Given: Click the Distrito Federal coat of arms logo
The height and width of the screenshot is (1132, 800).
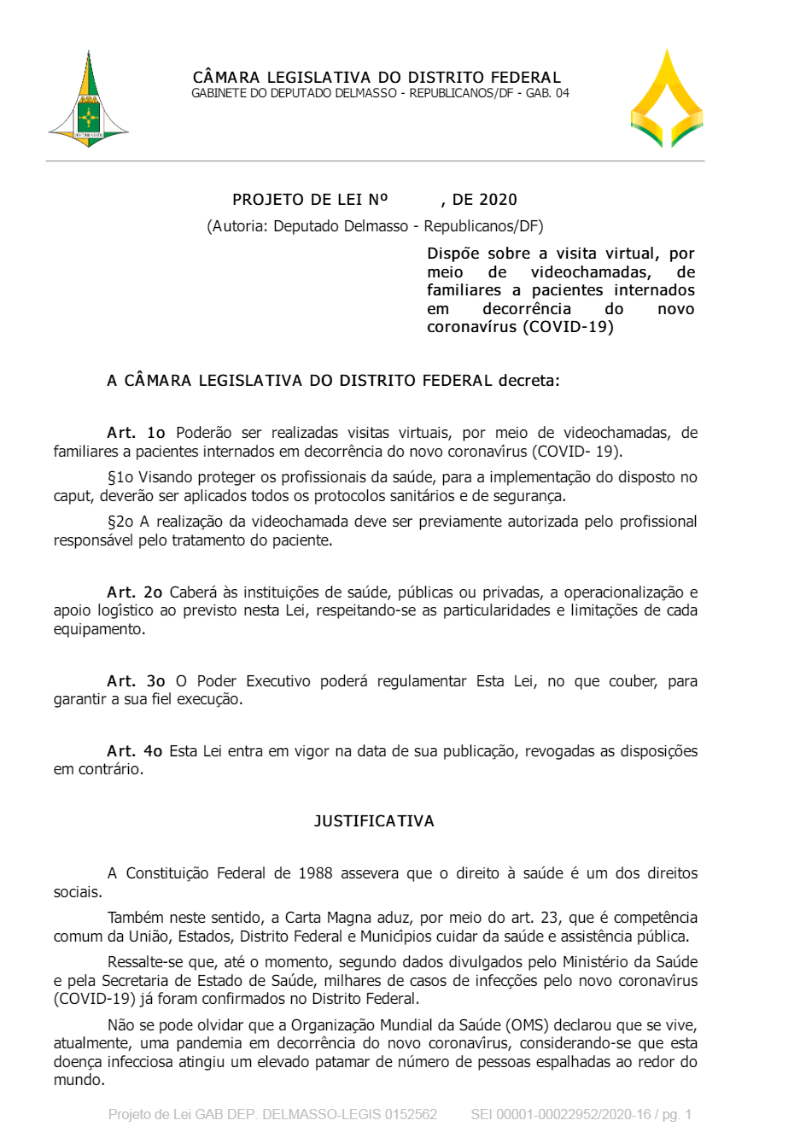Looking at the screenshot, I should tap(89, 101).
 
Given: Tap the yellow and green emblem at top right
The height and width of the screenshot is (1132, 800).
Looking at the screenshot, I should tap(667, 99).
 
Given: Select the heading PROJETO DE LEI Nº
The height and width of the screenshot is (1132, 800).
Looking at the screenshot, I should tap(310, 200).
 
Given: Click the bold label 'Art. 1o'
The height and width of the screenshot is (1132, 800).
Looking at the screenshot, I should tap(136, 433).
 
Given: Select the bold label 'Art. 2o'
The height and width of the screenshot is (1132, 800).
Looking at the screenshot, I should tap(134, 592).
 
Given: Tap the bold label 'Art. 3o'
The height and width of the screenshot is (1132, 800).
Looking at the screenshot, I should tap(136, 681).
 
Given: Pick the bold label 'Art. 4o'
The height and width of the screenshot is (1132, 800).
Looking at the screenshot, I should tap(134, 751).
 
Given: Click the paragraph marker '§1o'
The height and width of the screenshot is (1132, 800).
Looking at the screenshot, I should tap(120, 477).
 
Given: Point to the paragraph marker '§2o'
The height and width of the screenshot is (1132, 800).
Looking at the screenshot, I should tap(120, 522).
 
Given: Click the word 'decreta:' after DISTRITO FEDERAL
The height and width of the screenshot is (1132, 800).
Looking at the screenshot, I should tap(529, 381).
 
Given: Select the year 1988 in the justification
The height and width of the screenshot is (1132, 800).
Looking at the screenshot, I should tap(315, 873).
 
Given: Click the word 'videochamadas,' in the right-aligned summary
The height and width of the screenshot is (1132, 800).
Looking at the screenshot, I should tap(591, 272).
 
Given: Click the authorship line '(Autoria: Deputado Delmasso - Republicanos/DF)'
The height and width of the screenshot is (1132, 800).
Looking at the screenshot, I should tap(375, 226).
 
